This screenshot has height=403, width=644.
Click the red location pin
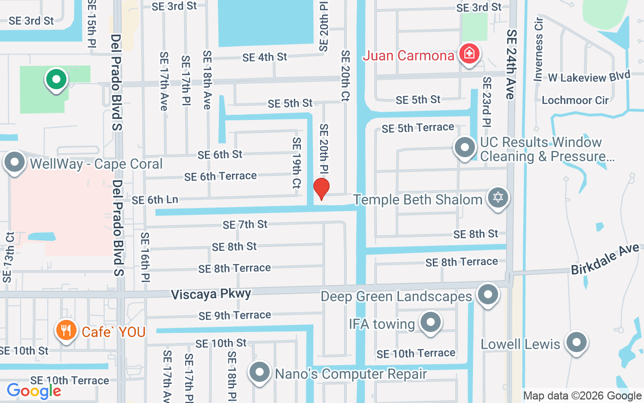[321, 188]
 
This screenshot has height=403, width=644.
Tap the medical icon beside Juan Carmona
[469, 53]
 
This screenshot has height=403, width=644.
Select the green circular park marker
[56, 80]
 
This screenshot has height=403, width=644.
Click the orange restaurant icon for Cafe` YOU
[66, 330]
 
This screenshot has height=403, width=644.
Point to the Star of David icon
[498, 197]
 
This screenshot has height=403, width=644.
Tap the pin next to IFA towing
[430, 322]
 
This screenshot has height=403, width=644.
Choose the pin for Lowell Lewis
[576, 343]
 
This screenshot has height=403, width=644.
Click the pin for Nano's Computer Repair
[260, 373]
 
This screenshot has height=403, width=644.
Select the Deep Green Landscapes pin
[487, 294]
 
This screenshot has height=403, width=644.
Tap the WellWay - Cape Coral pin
[15, 162]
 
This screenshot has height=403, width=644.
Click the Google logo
[34, 390]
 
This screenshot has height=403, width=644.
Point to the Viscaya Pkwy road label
[211, 294]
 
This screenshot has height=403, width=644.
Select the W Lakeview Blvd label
[589, 77]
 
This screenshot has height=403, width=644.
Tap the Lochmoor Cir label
[575, 100]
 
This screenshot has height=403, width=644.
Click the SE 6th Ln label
[155, 200]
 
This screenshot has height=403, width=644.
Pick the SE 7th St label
[245, 224]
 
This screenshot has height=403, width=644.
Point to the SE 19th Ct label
[297, 163]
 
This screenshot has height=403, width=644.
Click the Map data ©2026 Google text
[583, 395]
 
